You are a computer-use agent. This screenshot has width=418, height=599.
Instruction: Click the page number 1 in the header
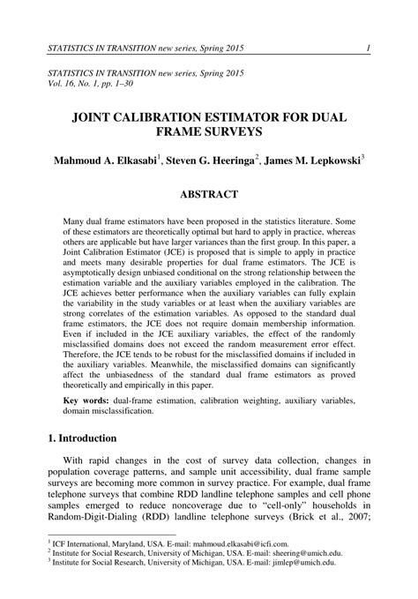pyautogui.click(x=367, y=47)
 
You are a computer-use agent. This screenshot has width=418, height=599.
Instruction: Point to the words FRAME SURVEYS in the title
pyautogui.click(x=209, y=132)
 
